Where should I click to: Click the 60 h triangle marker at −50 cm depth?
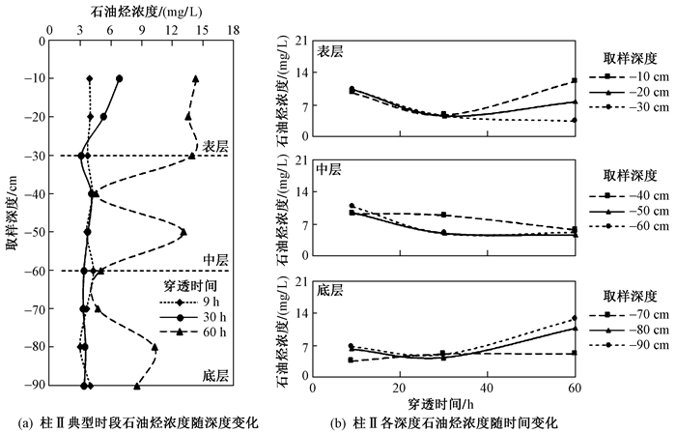click(183, 232)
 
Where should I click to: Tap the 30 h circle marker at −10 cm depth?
click(120, 78)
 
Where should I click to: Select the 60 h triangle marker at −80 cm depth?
click(155, 347)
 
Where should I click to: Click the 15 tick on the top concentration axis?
click(202, 30)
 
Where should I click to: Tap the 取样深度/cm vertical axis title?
click(12, 213)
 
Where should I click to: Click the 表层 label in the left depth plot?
click(215, 146)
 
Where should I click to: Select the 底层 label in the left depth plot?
click(215, 376)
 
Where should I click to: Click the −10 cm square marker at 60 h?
click(575, 80)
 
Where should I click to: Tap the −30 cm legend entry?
click(629, 107)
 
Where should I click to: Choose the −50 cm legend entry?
click(629, 211)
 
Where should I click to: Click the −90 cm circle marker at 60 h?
click(575, 318)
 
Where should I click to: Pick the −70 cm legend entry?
click(629, 314)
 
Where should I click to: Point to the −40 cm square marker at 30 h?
click(444, 215)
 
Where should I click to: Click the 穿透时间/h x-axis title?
click(440, 404)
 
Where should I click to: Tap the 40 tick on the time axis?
click(487, 388)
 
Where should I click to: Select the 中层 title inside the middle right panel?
click(329, 169)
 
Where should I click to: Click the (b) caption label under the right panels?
click(337, 422)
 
